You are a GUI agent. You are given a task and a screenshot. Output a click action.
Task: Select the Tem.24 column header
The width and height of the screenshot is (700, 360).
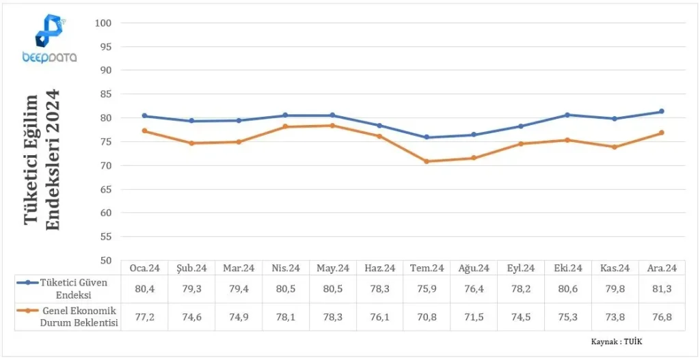coord(427,268)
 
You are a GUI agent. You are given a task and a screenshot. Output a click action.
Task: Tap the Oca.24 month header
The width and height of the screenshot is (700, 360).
coord(144,268)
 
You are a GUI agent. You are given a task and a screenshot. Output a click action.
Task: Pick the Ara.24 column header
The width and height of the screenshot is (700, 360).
coord(662,268)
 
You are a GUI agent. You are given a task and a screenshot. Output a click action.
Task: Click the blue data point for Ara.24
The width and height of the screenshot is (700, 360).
coord(662,111)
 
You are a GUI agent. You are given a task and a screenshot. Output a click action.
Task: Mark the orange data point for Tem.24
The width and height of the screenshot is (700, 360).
coord(427,161)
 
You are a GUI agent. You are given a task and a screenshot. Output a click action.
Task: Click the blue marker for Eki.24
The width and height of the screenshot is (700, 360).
coord(567,115)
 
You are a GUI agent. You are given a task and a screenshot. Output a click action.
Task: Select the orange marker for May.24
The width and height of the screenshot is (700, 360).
coord(333,126)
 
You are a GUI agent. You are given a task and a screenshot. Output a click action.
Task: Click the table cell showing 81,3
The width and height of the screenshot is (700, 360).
coord(662,289)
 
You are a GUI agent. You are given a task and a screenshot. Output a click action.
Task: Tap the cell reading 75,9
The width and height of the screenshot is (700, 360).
coord(427,289)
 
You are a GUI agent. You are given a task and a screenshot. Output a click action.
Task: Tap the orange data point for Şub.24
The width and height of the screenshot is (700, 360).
coord(191,143)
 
